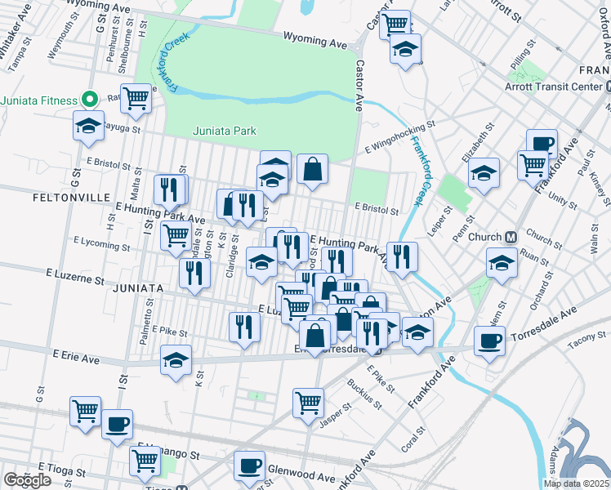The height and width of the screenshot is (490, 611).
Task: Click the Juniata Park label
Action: coord(225,131)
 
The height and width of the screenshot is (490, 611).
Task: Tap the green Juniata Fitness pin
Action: coord(91,100)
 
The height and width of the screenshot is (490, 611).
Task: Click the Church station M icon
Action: coord(511,238)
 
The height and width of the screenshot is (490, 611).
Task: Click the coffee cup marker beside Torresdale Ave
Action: coord(490,341)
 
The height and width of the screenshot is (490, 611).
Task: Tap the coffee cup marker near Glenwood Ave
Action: coord(249,465)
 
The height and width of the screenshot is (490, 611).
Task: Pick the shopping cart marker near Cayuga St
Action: coord(136,100)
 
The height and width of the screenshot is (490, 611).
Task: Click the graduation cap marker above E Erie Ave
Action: coord(176,361)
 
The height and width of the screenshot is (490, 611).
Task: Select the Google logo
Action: coord(27,480)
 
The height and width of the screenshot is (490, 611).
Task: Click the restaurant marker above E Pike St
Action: coord(244,326)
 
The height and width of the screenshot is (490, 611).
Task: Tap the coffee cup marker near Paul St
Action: coord(541,145)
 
